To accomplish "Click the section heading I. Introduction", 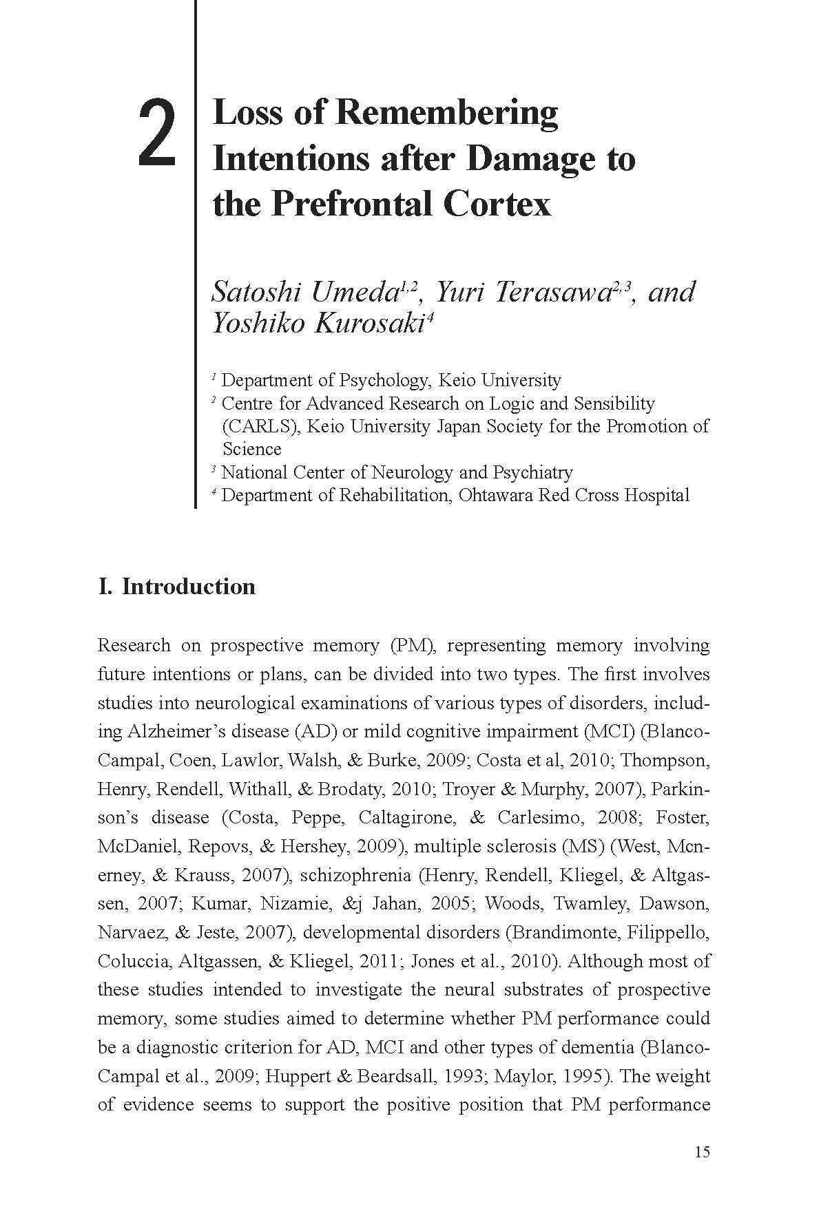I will pyautogui.click(x=177, y=586).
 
